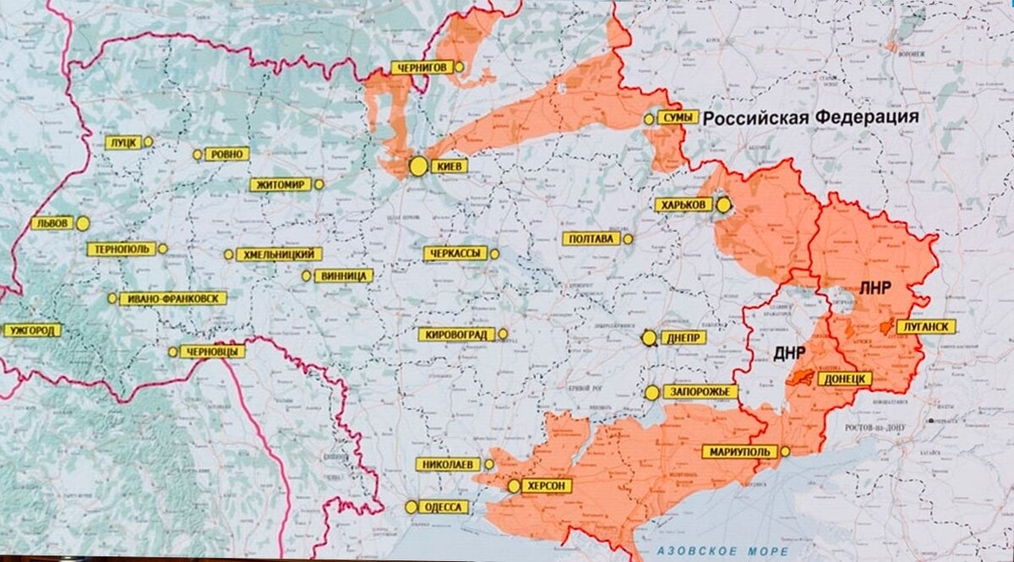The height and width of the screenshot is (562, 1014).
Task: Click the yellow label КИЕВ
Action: coord(449,167)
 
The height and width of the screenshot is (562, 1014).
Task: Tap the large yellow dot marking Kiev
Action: coord(418,166)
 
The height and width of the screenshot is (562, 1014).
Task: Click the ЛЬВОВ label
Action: coord(52,224)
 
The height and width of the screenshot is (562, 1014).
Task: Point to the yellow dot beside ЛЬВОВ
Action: coord(83,224)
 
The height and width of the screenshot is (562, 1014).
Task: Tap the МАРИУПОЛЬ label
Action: coord(739,452)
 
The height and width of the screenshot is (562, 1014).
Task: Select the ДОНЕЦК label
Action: coord(843,379)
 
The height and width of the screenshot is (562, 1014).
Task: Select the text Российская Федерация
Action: coord(810,118)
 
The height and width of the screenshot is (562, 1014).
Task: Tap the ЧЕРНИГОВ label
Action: coord(420,68)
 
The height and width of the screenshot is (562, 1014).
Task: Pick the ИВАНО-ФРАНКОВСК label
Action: coord(172,298)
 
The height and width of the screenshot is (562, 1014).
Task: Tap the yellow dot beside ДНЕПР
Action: coord(649,338)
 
